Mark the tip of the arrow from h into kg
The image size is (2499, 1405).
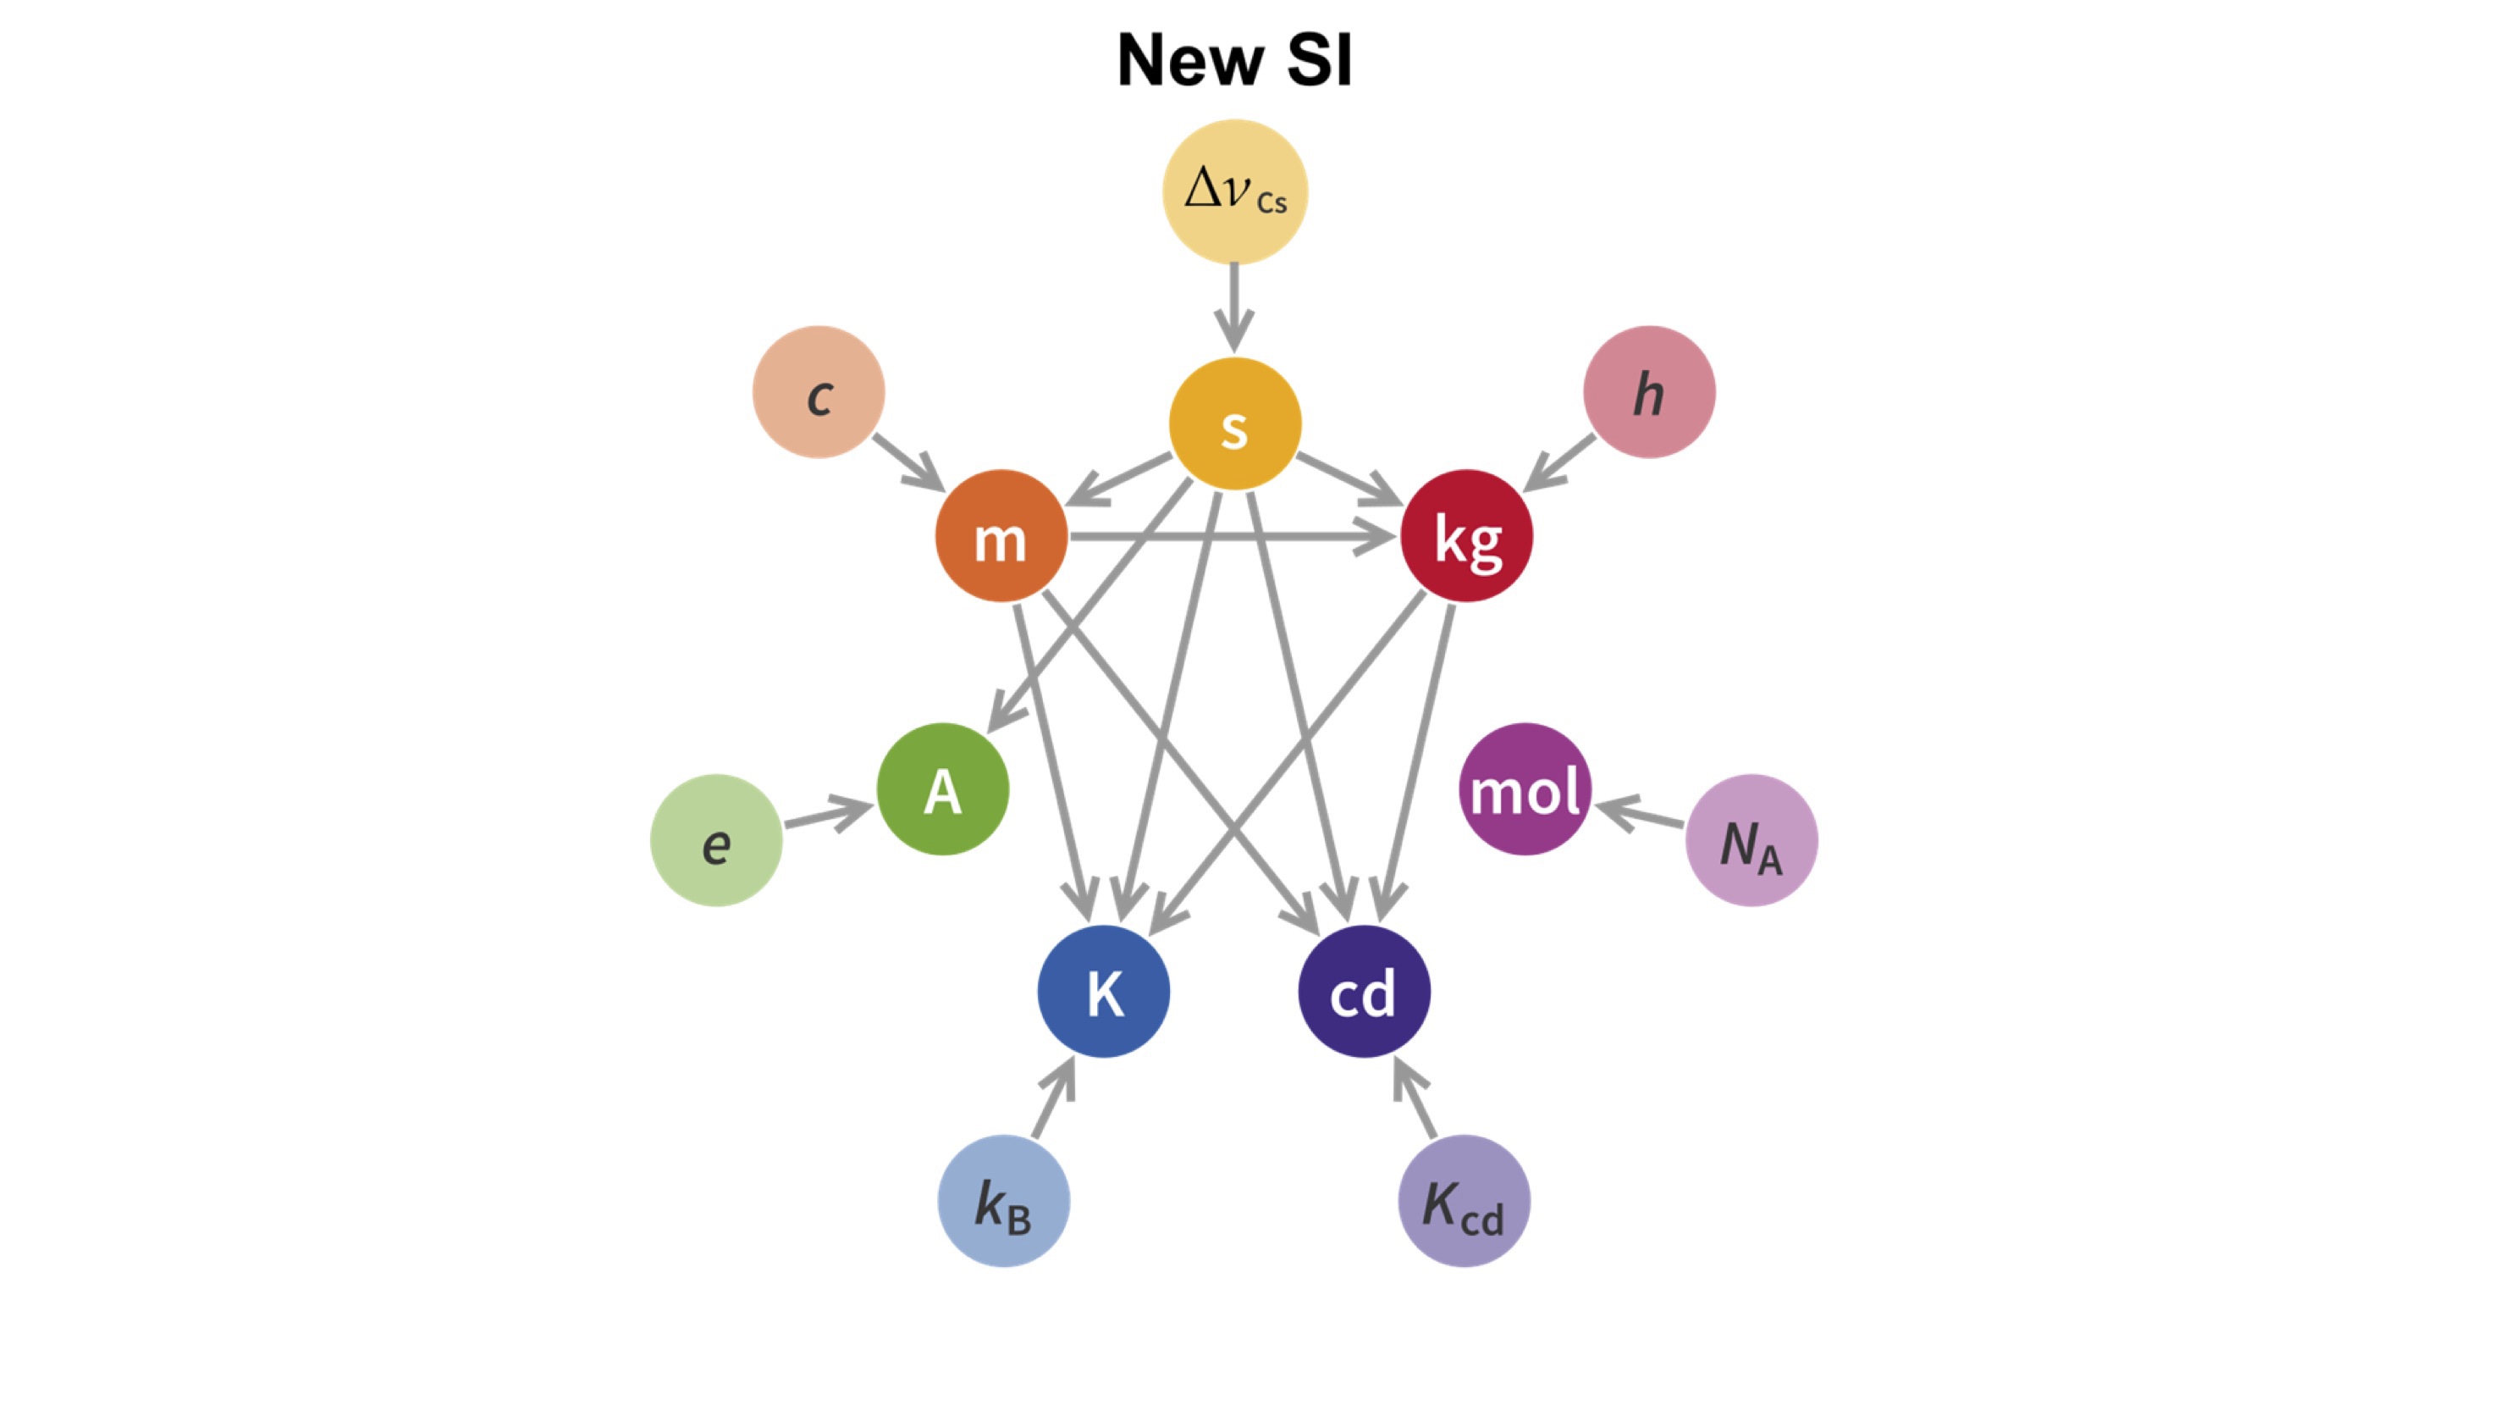click(1523, 491)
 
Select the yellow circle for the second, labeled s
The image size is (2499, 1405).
click(1234, 424)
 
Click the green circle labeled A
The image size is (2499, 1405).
click(943, 788)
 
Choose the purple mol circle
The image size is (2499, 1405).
click(1525, 788)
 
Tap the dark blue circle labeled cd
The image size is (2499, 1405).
click(1364, 991)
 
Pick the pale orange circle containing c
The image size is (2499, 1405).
click(819, 392)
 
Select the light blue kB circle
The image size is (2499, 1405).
click(1004, 1201)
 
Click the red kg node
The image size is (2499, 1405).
click(1467, 535)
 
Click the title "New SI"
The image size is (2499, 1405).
click(1234, 60)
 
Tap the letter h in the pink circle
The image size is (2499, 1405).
click(1649, 394)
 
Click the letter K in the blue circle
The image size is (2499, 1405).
click(1105, 993)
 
